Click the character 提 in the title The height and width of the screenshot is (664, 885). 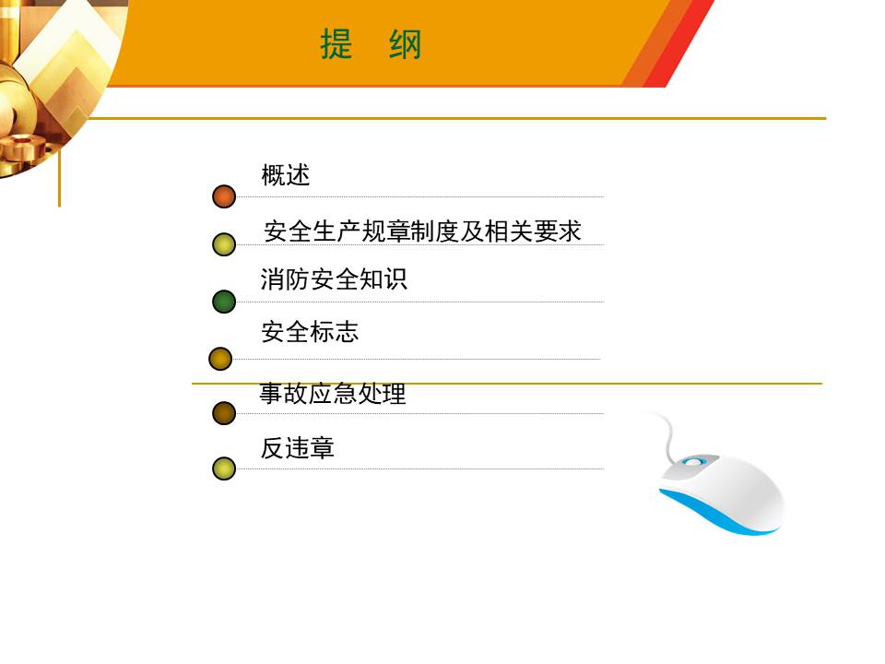click(x=336, y=44)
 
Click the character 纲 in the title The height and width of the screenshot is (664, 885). click(x=406, y=44)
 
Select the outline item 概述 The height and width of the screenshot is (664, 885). click(x=286, y=175)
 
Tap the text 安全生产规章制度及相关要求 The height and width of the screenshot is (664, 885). click(x=422, y=231)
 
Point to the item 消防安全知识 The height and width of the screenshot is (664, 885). click(x=334, y=279)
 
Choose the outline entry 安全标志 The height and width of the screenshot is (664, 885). click(x=310, y=331)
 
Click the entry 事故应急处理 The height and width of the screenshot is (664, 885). click(x=333, y=393)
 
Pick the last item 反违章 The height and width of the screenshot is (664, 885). click(x=298, y=448)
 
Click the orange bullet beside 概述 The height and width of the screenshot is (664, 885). click(x=224, y=196)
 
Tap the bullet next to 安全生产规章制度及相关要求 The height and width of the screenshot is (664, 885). click(x=224, y=244)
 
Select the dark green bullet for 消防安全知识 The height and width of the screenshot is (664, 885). click(x=224, y=302)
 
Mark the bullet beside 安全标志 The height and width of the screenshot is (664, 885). click(x=220, y=359)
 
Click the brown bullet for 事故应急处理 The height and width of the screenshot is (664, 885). click(x=224, y=413)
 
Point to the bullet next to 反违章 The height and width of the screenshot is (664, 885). click(x=224, y=468)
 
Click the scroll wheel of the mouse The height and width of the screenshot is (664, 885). click(x=694, y=462)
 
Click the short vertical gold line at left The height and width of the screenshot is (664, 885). click(x=59, y=178)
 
